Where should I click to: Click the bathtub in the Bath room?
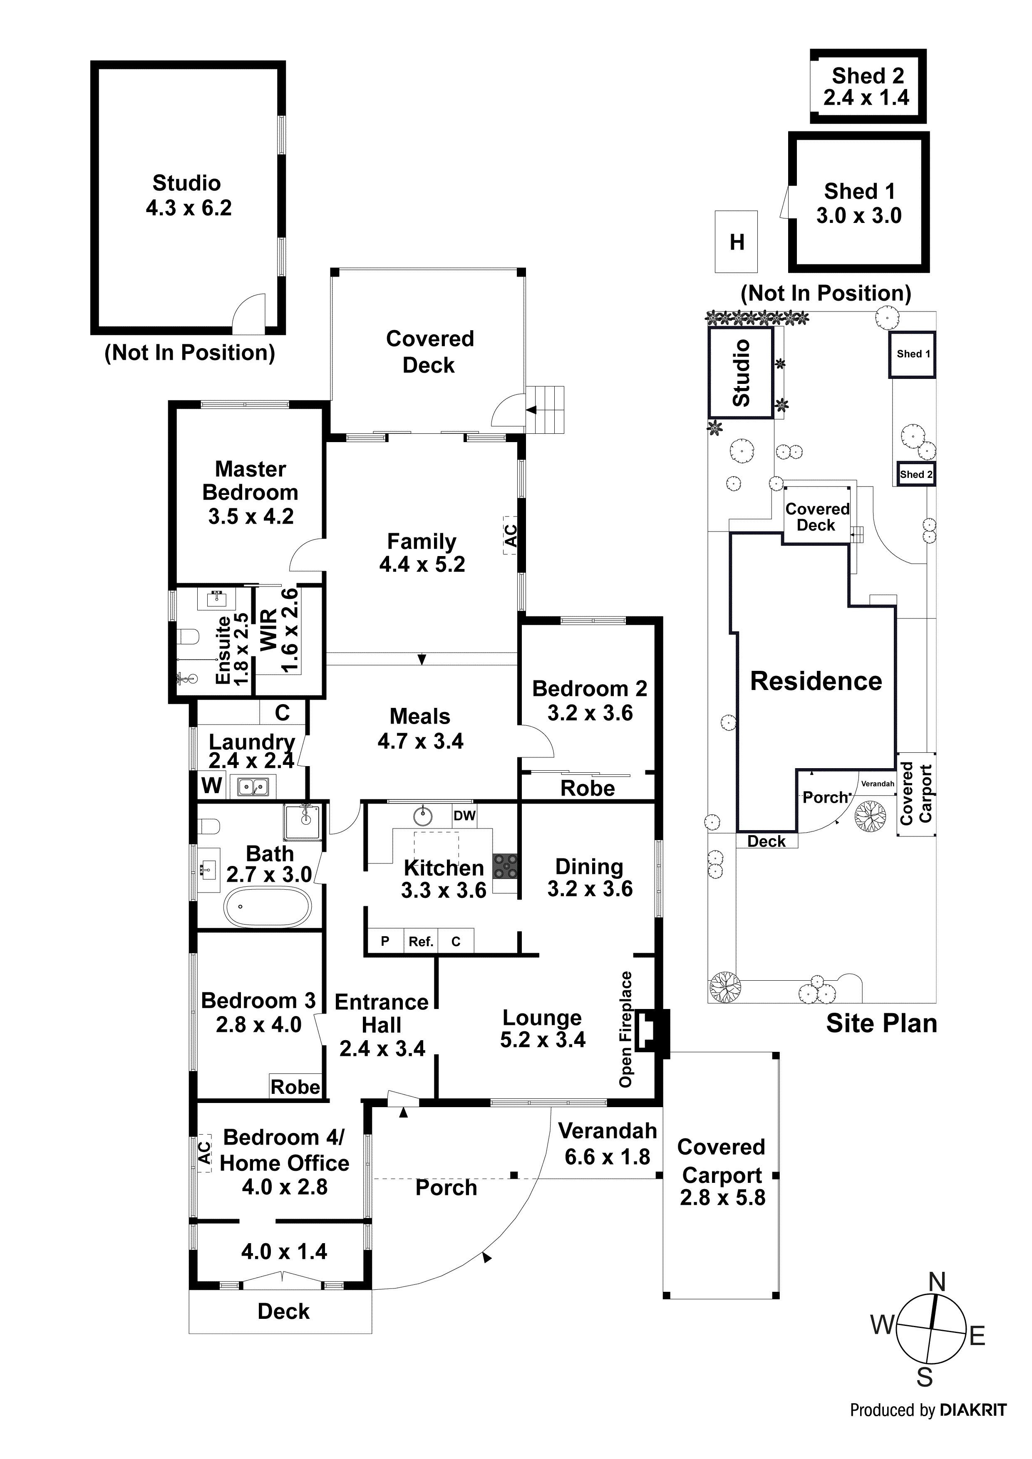[x=269, y=907]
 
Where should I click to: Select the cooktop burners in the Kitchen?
[x=506, y=866]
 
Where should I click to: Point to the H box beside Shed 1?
[x=736, y=242]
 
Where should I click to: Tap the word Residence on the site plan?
[x=816, y=681]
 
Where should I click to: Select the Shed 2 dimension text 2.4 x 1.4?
[x=866, y=98]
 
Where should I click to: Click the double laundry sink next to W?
[x=253, y=787]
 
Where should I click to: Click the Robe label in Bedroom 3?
[x=295, y=1087]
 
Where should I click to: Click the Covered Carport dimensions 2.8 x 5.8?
[x=722, y=1197]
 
